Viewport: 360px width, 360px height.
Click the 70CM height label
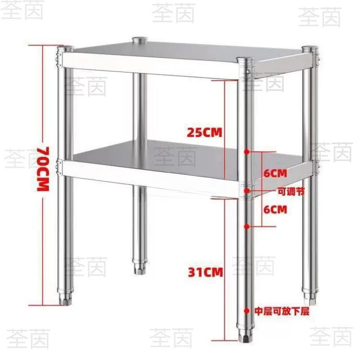pos(43,169)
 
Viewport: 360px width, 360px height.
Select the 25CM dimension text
pos(205,132)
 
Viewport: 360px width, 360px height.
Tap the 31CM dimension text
pos(206,272)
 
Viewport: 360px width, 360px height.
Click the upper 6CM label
pos(275,173)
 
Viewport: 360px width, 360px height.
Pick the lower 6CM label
pos(275,210)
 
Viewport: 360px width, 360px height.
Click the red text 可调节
pos(291,191)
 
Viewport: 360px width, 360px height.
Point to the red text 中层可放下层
pos(282,311)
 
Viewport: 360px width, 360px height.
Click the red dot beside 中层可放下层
pos(247,311)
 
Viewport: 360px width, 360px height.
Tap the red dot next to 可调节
pos(247,190)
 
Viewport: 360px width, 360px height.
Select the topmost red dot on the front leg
pos(247,152)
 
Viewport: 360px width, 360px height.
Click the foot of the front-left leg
pos(65,298)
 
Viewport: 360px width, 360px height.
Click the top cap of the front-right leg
pos(245,60)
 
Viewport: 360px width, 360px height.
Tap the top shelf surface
pos(184,52)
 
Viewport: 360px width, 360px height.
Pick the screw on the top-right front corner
pos(248,72)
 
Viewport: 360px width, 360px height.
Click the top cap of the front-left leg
pos(65,49)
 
